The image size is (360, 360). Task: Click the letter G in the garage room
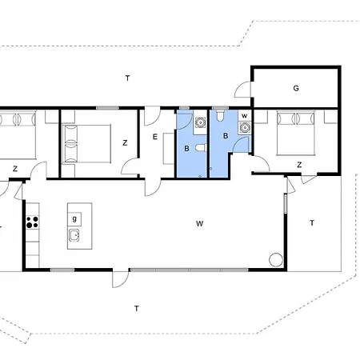tap(296, 88)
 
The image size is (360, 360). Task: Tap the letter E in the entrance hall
tap(155, 137)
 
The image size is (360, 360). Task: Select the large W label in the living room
tap(200, 224)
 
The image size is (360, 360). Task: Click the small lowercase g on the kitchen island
tap(74, 218)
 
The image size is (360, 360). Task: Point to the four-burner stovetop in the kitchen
tap(33, 222)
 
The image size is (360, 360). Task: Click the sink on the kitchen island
tap(74, 235)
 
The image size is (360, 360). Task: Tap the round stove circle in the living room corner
tap(276, 259)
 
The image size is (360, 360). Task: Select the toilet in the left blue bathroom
tap(201, 148)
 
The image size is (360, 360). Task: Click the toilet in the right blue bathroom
tap(220, 115)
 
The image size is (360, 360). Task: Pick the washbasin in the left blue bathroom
tap(200, 122)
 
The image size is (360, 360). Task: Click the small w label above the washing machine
tap(245, 116)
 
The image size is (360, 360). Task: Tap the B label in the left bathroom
tap(186, 149)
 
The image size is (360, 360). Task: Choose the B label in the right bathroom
tap(226, 136)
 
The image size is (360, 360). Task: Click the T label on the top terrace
tap(128, 78)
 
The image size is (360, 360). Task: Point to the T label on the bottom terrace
tap(137, 309)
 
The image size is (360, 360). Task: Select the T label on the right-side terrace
tap(312, 222)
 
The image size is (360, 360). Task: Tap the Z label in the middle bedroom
tap(125, 143)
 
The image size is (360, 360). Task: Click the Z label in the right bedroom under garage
tap(299, 165)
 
